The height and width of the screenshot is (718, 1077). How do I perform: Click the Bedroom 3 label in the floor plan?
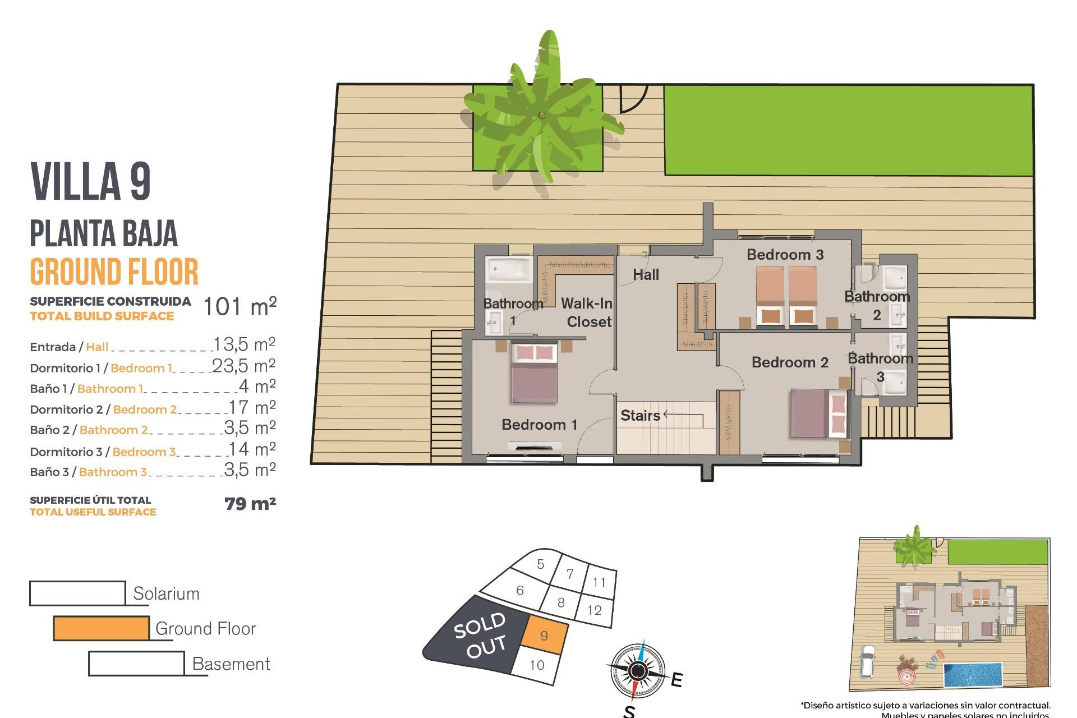click(785, 255)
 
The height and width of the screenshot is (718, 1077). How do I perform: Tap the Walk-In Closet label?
click(587, 312)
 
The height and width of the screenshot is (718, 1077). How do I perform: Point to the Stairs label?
click(640, 416)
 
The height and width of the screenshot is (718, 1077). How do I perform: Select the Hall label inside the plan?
click(646, 275)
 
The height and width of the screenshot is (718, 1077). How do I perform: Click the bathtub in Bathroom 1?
click(509, 270)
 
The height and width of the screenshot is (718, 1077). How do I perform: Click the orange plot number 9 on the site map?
click(544, 635)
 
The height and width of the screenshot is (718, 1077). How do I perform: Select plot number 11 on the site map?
click(599, 582)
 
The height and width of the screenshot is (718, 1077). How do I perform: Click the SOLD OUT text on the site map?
click(480, 635)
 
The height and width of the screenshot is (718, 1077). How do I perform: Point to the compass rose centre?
click(637, 670)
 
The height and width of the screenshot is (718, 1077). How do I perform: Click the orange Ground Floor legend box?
click(101, 628)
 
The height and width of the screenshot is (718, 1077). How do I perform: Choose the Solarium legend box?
click(77, 593)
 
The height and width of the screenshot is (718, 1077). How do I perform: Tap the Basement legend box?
click(136, 664)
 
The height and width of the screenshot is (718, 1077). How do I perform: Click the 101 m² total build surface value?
click(240, 307)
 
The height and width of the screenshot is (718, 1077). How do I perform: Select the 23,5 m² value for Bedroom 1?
click(243, 366)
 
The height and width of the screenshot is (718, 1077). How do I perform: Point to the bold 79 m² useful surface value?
click(250, 504)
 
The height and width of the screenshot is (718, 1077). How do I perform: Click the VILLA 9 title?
click(91, 182)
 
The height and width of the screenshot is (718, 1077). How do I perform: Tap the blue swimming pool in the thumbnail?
click(973, 675)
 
